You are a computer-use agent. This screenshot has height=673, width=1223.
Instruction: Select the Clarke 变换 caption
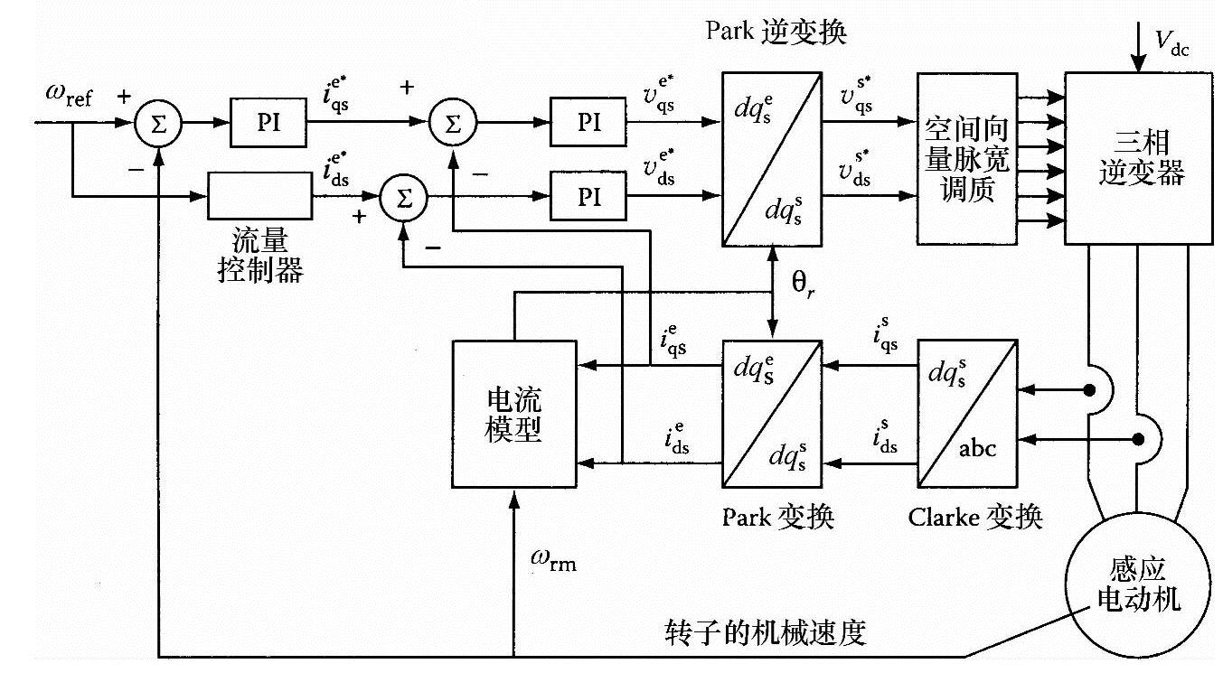click(975, 518)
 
